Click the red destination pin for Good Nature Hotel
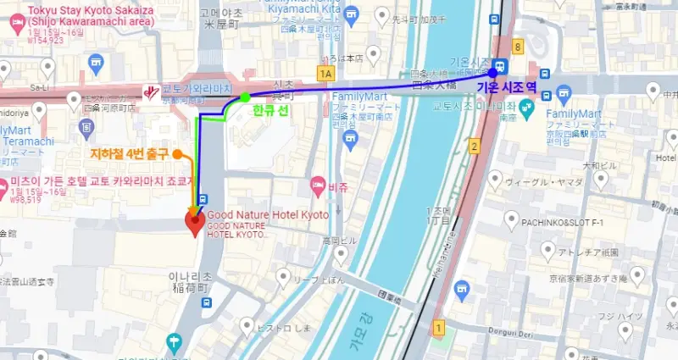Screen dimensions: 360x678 click(194, 223)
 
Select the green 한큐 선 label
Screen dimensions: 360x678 click(271, 110)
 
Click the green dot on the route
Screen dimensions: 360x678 click(245, 97)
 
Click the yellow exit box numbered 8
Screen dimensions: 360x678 click(516, 47)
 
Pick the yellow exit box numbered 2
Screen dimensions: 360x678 click(475, 147)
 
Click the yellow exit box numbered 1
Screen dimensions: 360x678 click(438, 326)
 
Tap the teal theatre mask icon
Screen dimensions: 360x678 click(525, 107)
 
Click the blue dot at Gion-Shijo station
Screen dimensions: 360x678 click(492, 73)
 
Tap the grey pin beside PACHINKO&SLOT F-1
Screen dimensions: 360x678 click(511, 221)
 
